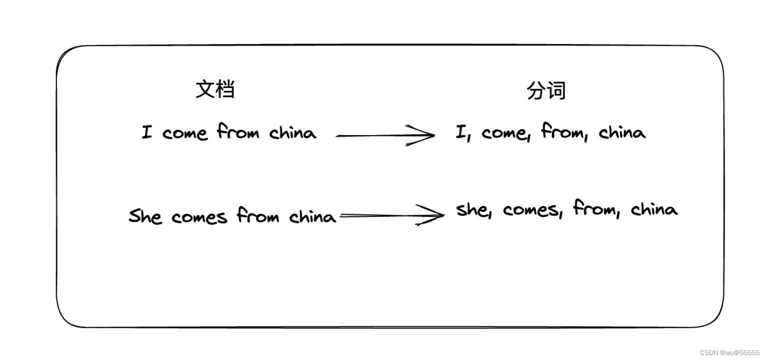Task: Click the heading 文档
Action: point(215,89)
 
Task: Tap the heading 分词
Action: point(546,91)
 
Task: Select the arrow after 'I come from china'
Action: point(385,135)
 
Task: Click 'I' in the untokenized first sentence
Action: point(146,132)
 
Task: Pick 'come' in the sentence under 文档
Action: point(184,133)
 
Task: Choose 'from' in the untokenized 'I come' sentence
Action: point(238,132)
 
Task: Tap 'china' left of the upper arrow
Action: point(293,132)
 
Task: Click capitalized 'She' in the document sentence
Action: point(145,216)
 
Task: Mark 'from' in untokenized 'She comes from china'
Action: point(257,215)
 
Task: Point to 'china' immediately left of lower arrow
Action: point(312,216)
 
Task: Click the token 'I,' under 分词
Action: point(462,133)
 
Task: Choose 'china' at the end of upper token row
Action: point(622,132)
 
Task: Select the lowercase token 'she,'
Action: point(473,210)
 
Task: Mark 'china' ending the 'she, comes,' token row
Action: point(654,209)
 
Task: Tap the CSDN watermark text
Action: point(729,352)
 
